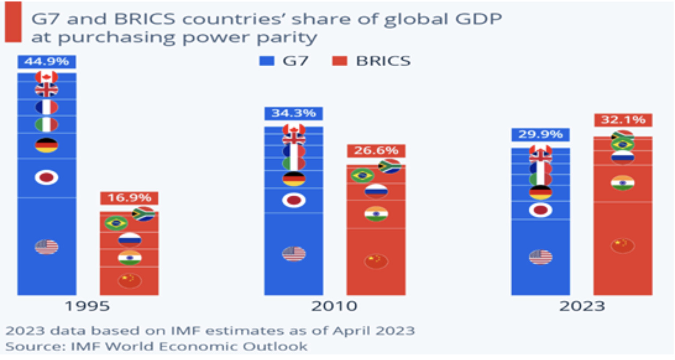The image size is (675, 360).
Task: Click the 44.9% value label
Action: coord(47,62)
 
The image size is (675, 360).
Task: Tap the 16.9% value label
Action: coord(129,198)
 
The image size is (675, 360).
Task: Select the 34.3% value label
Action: coord(294,114)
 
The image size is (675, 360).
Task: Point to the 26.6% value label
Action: coord(376,151)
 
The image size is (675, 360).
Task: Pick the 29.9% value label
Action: coord(541,134)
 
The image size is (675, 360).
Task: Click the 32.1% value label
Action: coord(623,120)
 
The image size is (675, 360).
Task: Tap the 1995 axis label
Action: coord(88,306)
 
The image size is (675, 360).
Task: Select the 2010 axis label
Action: coord(334,306)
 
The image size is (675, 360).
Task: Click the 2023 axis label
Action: coord(582,306)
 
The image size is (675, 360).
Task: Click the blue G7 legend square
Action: coord(267,61)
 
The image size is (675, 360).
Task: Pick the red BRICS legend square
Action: coord(340,61)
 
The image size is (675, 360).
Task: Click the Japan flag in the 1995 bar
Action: coord(46,177)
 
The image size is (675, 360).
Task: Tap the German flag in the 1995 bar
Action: coord(46,146)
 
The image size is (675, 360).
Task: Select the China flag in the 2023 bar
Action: coord(622,246)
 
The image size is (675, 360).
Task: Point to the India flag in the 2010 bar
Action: coord(376,214)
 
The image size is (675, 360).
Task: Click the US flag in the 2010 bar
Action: coord(294,254)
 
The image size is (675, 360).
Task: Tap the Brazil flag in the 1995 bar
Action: coord(116,223)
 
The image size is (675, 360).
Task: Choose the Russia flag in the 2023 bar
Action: coord(622,157)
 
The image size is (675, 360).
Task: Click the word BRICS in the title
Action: coord(145,19)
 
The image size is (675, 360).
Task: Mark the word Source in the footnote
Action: coord(35,346)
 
